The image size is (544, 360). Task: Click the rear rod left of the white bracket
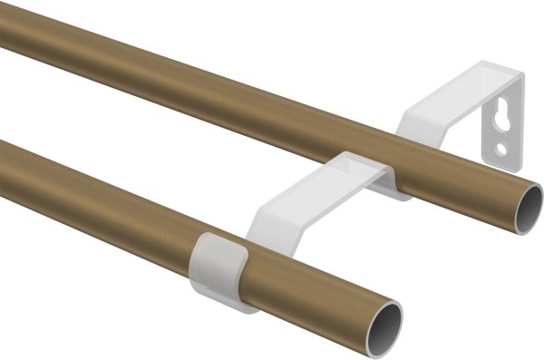[x=181, y=82]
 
